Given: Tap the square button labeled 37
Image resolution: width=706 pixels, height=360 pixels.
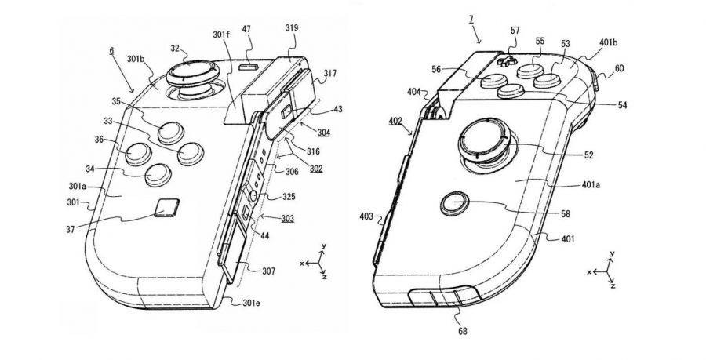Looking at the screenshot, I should pos(166,208).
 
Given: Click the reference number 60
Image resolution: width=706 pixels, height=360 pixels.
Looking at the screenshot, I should pos(620,69).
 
